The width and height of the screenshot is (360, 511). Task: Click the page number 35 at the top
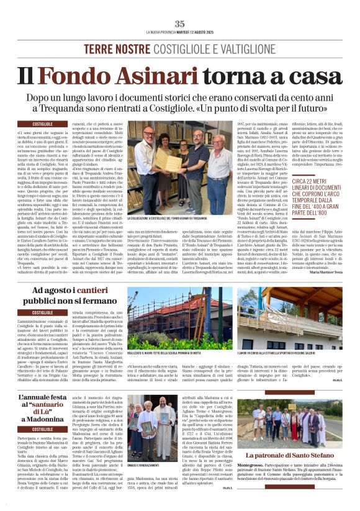click(x=179, y=24)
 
